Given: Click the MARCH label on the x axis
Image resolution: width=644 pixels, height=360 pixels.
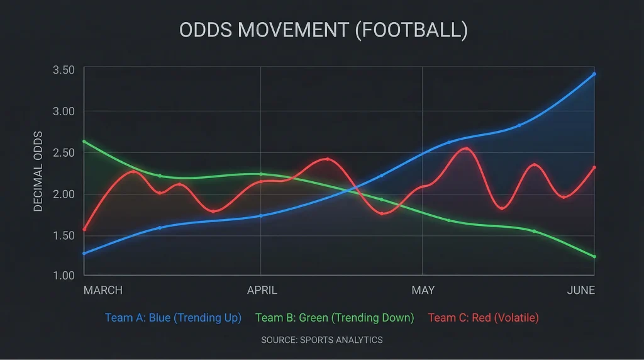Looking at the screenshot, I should click(x=103, y=290).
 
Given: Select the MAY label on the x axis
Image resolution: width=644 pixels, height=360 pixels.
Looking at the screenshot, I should click(x=423, y=290).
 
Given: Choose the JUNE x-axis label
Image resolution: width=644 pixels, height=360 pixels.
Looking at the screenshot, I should click(x=580, y=290).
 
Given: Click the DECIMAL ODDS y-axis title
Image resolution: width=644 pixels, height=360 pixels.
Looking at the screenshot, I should click(x=38, y=171).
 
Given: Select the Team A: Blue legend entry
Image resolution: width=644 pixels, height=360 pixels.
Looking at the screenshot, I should click(x=173, y=318).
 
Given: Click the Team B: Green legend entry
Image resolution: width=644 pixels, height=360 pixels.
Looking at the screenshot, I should click(x=335, y=318).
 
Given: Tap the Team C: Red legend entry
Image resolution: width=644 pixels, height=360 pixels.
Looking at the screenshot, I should click(x=483, y=318).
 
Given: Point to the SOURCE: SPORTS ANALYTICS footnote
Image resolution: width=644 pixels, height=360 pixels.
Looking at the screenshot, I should click(x=321, y=340).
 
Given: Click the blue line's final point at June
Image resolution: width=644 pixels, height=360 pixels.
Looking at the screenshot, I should click(x=594, y=74).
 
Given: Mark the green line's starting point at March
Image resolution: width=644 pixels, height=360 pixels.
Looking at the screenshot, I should click(x=84, y=142).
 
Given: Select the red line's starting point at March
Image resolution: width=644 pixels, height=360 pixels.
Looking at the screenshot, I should click(x=84, y=229).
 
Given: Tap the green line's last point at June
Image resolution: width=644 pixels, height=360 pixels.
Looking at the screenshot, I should click(x=594, y=256).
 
